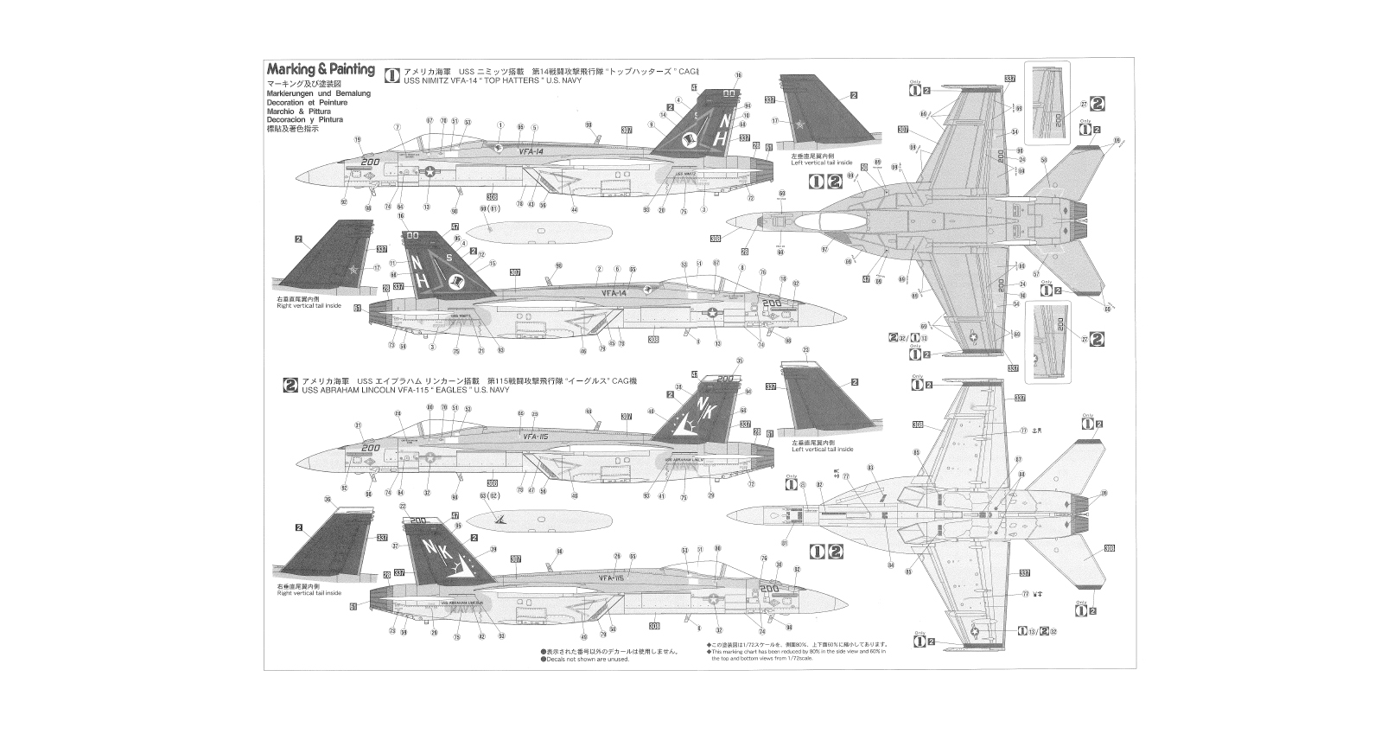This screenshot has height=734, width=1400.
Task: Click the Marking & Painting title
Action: tap(321, 70)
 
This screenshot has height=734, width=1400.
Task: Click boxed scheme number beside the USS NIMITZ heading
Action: tap(391, 75)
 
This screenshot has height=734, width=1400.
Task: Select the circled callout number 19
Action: tap(357, 140)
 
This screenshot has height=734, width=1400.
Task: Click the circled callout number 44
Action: tap(574, 209)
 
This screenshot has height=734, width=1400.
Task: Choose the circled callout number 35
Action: tap(739, 361)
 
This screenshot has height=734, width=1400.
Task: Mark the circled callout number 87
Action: tap(1019, 459)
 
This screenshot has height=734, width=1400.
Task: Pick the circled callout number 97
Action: tap(824, 250)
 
